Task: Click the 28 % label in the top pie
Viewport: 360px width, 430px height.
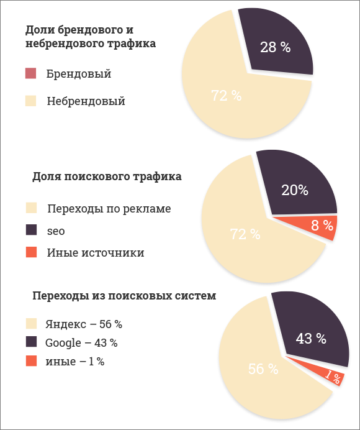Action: (x=275, y=47)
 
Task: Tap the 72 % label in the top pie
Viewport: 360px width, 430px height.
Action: (x=226, y=96)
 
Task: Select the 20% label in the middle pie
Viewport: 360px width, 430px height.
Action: (x=294, y=191)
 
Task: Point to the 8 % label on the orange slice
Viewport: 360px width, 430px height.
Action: (x=322, y=226)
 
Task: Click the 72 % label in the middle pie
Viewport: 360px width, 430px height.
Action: (x=245, y=234)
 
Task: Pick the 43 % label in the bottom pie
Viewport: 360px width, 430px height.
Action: (x=311, y=339)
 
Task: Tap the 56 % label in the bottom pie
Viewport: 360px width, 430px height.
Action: (x=263, y=368)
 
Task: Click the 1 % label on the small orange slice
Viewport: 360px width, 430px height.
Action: (x=333, y=377)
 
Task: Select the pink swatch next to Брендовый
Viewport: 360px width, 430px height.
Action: (x=31, y=74)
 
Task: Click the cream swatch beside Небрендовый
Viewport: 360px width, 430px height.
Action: (x=31, y=101)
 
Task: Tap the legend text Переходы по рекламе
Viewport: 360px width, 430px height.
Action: (x=108, y=209)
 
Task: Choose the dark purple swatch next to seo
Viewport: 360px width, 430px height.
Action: (x=31, y=231)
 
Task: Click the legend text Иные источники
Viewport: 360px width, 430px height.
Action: (x=95, y=253)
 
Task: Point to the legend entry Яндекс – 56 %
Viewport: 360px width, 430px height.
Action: (x=84, y=324)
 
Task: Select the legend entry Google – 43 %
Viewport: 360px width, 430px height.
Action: (x=81, y=343)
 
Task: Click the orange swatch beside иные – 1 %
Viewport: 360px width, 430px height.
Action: (x=31, y=361)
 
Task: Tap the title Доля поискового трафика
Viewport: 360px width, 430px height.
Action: (x=107, y=176)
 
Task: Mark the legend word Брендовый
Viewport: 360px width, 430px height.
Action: (x=79, y=74)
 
